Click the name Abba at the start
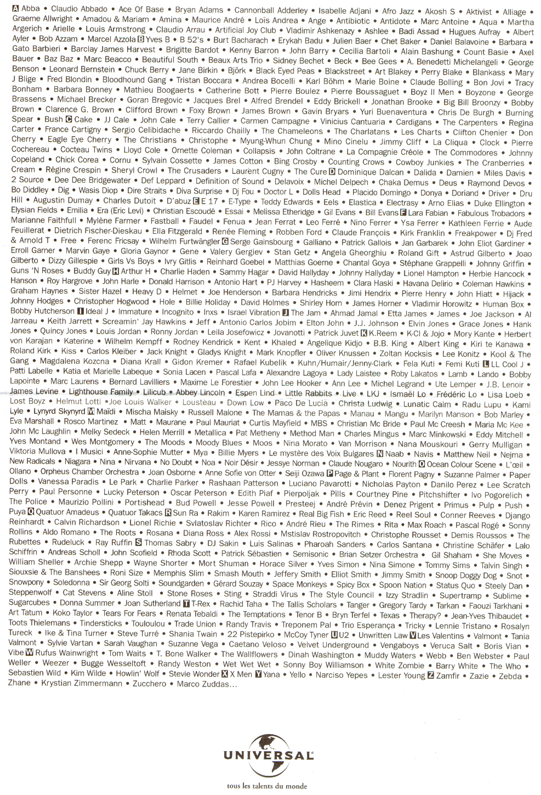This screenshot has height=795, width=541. click(x=31, y=9)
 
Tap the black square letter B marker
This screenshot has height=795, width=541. click(x=141, y=40)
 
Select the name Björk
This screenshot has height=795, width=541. click(x=237, y=70)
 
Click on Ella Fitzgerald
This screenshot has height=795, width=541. click(x=178, y=231)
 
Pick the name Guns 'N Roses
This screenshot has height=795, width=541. click(x=37, y=270)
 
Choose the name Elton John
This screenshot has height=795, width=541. click(x=324, y=323)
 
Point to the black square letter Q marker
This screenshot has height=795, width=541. click(x=31, y=512)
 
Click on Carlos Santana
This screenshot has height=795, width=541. click(x=404, y=545)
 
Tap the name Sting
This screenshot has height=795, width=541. click(x=232, y=594)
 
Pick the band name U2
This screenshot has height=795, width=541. click(x=343, y=635)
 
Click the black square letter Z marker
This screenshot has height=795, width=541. click(x=431, y=675)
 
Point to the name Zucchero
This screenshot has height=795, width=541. click(x=149, y=684)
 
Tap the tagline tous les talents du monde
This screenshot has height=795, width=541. click(x=267, y=786)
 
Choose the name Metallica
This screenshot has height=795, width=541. click(x=210, y=432)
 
